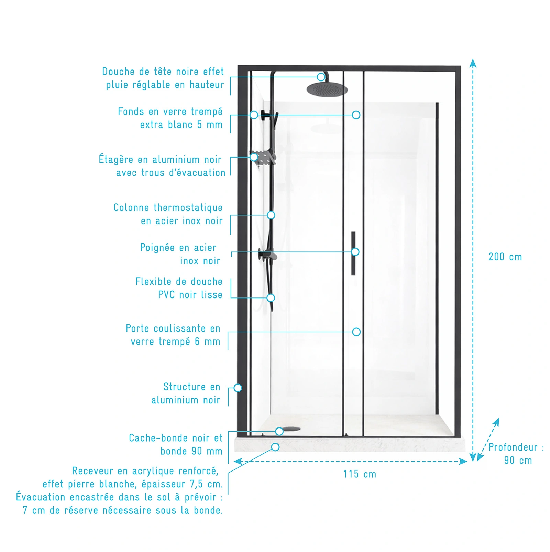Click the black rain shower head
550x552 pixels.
(x=327, y=89)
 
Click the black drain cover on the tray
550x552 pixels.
(x=291, y=429)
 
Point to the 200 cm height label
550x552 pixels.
(x=505, y=257)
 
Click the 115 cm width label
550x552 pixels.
(x=360, y=474)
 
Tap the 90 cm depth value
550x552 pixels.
(x=518, y=461)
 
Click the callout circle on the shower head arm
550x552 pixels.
(x=321, y=77)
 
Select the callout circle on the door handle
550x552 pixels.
(x=355, y=252)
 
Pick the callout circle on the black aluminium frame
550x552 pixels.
(x=238, y=388)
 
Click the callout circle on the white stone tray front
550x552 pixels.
(x=275, y=447)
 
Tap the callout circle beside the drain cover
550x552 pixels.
(x=279, y=431)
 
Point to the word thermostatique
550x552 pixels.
(x=188, y=208)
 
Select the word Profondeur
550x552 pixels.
(x=513, y=447)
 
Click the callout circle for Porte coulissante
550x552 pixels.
(x=356, y=332)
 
